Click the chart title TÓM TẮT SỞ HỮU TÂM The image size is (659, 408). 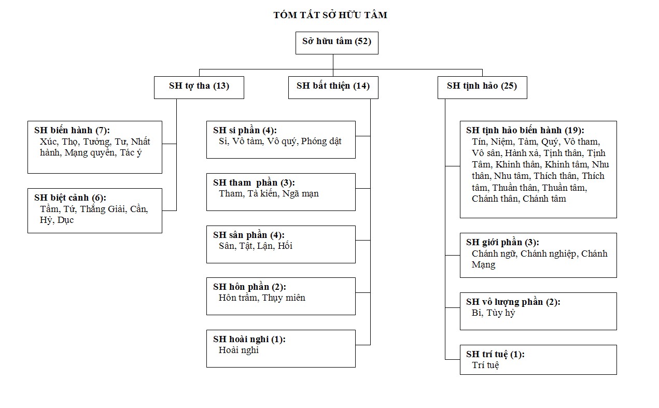(x=330, y=15)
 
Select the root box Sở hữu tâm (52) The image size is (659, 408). (x=337, y=43)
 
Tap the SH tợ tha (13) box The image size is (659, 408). (x=199, y=88)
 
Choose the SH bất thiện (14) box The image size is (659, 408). (x=333, y=88)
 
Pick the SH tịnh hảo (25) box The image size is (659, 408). (x=482, y=88)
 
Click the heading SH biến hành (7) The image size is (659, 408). (x=72, y=130)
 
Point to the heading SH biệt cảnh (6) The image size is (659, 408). (x=71, y=198)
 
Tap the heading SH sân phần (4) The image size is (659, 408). (x=249, y=235)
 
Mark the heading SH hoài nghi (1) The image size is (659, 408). (x=249, y=340)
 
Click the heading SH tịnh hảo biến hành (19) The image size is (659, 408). (x=525, y=130)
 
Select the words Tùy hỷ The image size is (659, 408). (x=500, y=313)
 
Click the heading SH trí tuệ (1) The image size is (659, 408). (x=496, y=355)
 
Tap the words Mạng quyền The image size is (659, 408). (x=89, y=153)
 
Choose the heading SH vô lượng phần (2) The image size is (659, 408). (x=513, y=302)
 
